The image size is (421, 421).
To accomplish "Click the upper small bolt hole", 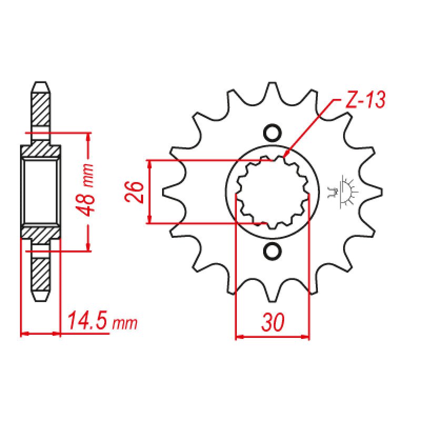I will (272, 132).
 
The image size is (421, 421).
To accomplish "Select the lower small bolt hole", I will (272, 252).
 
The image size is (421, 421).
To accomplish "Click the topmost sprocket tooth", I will (272, 87).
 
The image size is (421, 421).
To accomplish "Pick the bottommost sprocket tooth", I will (272, 297).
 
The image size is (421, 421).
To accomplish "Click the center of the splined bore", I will (272, 192).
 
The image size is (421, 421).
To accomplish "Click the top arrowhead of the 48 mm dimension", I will (88, 135).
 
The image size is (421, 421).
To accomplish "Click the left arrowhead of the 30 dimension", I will (238, 335).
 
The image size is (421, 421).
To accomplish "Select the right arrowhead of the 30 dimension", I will (306, 335).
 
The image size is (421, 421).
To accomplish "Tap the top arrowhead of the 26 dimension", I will (151, 163).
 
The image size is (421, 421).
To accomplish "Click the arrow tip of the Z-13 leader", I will (285, 156).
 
